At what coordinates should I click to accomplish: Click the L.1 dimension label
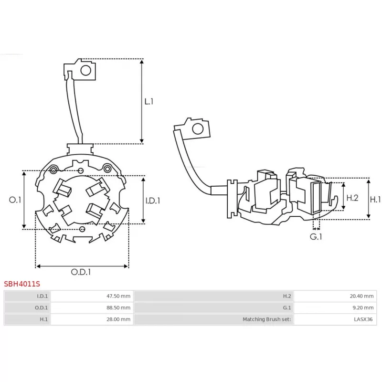pos(149,101)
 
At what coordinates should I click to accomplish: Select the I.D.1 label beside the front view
pos(152,201)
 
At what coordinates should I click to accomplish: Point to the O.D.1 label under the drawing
pos(81,272)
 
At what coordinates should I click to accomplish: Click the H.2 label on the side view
pos(352,198)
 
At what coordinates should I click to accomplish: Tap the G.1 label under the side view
pos(316,236)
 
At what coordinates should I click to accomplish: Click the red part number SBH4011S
pos(22,284)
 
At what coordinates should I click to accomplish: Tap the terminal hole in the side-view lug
pos(197,129)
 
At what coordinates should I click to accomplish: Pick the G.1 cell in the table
pos(213,308)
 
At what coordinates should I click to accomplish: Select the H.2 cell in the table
pos(213,296)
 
